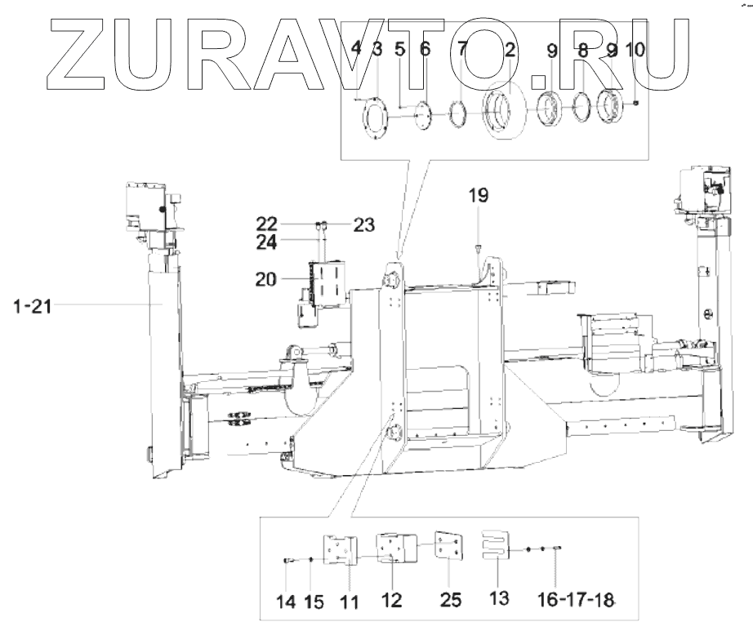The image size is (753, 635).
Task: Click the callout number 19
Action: [479, 195]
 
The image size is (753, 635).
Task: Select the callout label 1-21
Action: [32, 306]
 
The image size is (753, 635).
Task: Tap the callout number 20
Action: [266, 279]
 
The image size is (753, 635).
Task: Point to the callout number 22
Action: [266, 224]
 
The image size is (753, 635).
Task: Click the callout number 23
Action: [364, 224]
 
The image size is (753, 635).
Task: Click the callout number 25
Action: [451, 599]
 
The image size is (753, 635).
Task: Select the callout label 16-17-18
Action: [576, 599]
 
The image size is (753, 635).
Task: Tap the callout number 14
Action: [286, 602]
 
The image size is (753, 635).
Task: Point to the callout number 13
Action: [499, 598]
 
